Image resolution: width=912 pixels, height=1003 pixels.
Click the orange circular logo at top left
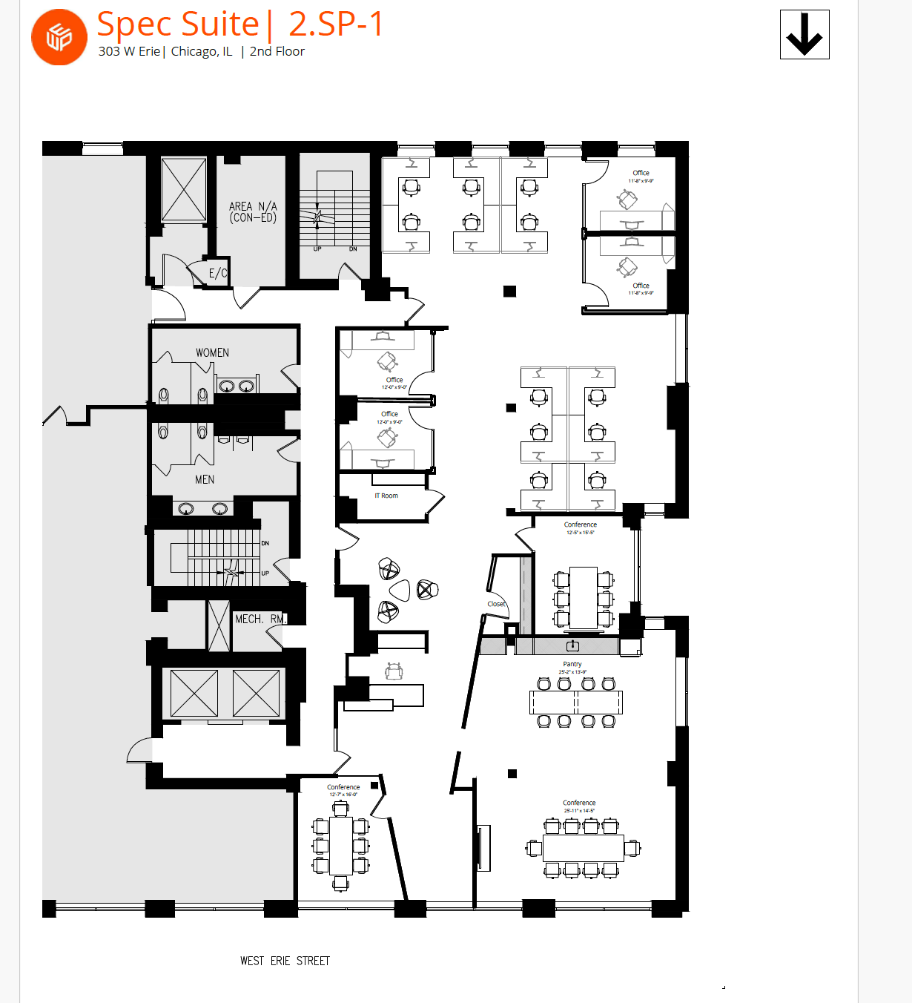(x=59, y=37)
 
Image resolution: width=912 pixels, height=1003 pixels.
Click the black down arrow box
(x=804, y=35)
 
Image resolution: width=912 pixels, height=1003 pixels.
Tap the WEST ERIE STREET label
(x=285, y=961)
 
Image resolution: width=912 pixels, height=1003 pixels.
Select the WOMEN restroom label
(x=212, y=353)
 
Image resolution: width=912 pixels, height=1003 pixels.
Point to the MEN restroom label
(x=205, y=480)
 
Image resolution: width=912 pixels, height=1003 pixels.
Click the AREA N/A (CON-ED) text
(x=253, y=212)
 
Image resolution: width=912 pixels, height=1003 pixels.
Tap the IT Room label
(x=386, y=496)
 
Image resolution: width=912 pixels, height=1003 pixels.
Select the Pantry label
(x=572, y=665)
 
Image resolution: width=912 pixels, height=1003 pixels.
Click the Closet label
(x=497, y=604)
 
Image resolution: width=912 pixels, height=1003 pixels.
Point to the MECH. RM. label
(x=260, y=619)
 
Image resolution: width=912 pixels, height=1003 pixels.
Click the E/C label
(x=218, y=273)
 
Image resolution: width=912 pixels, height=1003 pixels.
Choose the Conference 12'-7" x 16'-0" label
(x=343, y=790)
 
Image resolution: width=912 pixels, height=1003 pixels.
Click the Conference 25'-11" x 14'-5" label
(x=579, y=806)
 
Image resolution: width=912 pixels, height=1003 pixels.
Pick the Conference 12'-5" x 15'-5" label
(x=581, y=527)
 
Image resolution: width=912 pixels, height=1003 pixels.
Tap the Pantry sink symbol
(x=573, y=646)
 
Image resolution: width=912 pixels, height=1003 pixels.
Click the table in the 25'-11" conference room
(x=584, y=847)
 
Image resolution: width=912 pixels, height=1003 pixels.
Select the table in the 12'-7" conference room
(x=341, y=846)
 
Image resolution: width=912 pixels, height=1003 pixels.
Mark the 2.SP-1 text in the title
(x=336, y=24)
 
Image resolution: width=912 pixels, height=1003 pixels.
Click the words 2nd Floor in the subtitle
(x=277, y=51)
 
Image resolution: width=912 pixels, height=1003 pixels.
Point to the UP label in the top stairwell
(x=317, y=249)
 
